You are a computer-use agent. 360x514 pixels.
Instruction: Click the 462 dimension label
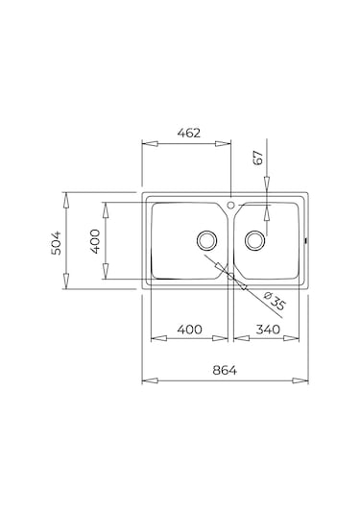[x=188, y=134]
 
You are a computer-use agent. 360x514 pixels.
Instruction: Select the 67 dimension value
[x=258, y=158]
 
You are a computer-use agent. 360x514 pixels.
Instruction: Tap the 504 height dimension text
[x=56, y=243]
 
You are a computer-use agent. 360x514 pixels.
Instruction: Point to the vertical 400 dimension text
[x=95, y=241]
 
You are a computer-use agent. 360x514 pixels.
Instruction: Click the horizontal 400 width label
[x=190, y=330]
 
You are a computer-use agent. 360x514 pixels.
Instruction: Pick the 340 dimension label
[x=268, y=330]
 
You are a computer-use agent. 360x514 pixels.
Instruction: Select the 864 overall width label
[x=225, y=371]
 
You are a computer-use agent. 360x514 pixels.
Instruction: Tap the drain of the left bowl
[x=206, y=240]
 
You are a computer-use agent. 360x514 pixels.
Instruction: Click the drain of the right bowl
[x=254, y=240]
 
